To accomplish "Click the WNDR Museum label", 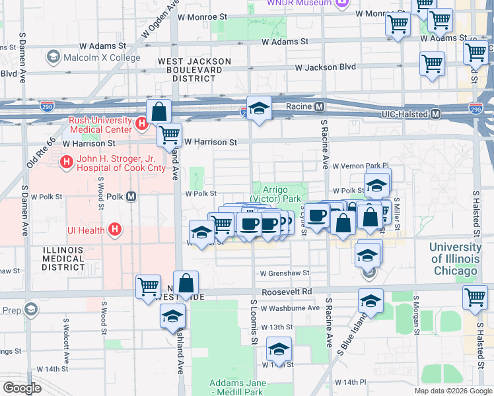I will pos(299,3).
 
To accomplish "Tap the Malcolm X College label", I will pos(101,58).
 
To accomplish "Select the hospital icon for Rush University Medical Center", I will pos(141,123).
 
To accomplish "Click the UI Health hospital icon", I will pos(115,230).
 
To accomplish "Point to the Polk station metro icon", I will pos(131,197).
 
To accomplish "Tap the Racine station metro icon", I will pos(319,106).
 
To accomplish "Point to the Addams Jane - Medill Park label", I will pos(238,387).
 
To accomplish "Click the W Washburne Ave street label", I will pos(290,308).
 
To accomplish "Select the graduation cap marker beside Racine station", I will pos(260,109).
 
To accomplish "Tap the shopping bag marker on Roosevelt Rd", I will pos(186,283).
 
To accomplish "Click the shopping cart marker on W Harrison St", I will pos(169,135).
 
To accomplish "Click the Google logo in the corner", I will pos(22,388).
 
